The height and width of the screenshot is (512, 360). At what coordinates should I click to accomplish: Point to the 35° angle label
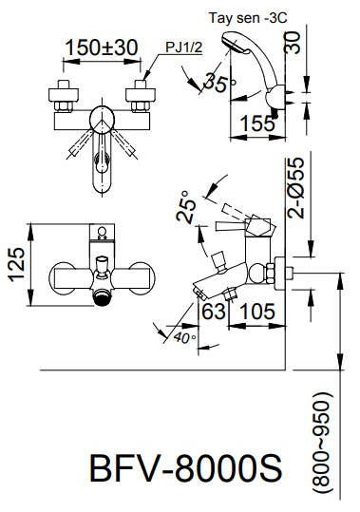220,84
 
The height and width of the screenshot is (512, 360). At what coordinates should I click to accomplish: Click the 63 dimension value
215,310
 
